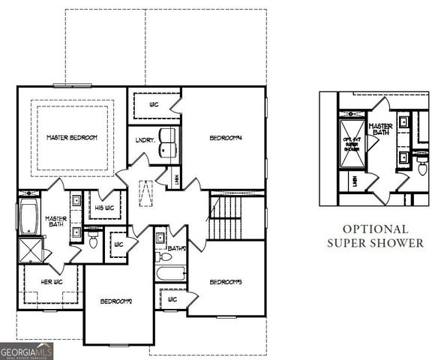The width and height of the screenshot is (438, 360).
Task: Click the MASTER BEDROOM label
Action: click(x=72, y=137)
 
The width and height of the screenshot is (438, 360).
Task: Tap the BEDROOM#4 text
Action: click(x=226, y=137)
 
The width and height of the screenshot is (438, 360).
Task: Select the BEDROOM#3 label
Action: click(x=226, y=282)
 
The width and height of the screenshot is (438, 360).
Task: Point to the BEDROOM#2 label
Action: click(x=116, y=301)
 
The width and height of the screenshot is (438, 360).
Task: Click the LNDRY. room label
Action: click(x=145, y=139)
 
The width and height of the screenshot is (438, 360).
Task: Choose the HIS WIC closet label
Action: click(x=103, y=207)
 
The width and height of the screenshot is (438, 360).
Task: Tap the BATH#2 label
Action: click(x=176, y=248)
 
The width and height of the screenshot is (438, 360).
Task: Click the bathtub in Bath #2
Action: click(x=170, y=271)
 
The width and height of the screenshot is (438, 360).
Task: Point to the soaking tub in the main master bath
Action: click(x=28, y=216)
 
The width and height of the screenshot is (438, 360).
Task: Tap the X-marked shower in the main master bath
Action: click(x=30, y=247)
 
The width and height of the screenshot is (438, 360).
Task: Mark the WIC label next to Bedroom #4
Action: click(x=154, y=104)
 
